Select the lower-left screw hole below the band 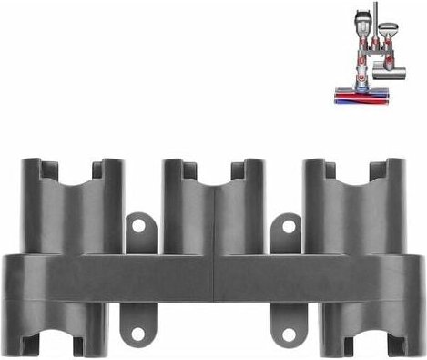point(137,334)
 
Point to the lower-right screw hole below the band point(288,334)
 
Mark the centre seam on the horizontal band point(213,278)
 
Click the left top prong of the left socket point(30,173)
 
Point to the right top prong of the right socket point(395,173)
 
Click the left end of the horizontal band point(11,278)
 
